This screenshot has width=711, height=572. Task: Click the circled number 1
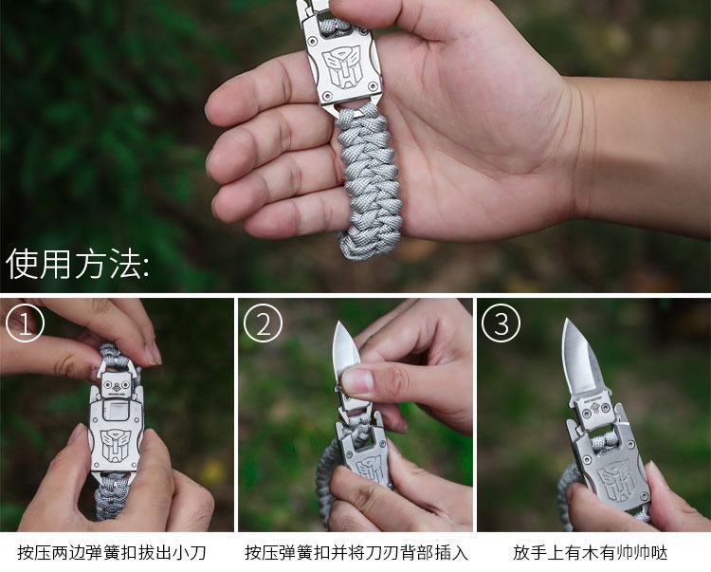[25, 323]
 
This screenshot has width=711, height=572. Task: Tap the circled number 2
[263, 323]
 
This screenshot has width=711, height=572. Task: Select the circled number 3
[501, 323]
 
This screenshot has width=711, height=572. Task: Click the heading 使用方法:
[77, 264]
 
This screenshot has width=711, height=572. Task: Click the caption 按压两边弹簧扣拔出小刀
[112, 552]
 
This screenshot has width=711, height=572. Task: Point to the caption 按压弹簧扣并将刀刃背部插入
[356, 552]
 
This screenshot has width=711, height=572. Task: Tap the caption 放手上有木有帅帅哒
[591, 552]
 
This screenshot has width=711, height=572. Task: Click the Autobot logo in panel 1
[117, 445]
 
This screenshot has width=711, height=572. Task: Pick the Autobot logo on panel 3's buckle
[617, 479]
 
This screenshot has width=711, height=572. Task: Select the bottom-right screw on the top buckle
[374, 86]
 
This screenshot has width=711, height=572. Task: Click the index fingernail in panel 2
[356, 381]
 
